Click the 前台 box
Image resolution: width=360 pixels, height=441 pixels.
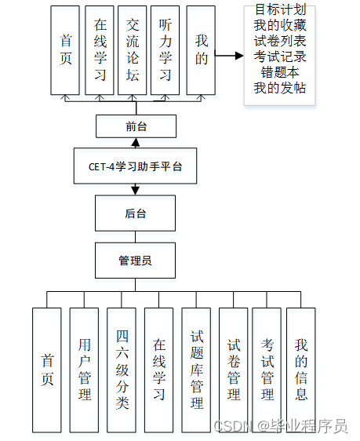pos(136,126)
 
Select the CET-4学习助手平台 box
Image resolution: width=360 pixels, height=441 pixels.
pos(136,166)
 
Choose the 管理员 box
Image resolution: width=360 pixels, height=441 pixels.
pos(136,261)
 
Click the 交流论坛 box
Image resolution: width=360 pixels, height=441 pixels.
pos(133,51)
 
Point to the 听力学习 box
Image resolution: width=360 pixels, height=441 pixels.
pos(165,51)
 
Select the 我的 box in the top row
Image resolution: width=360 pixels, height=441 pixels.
pos(201,51)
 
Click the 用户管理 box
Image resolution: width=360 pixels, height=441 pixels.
pos(84,369)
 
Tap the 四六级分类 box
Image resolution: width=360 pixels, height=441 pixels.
pos(122,369)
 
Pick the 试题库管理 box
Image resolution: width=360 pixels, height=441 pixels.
pos(197,369)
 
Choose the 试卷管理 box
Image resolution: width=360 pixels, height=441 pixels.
pos(234,369)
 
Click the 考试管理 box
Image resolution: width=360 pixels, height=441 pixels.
pos(267,369)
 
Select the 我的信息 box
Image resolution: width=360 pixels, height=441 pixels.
pos(300,369)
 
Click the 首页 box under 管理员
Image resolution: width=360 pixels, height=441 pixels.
pos(46,369)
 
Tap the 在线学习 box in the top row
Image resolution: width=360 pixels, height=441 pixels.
pos(100,51)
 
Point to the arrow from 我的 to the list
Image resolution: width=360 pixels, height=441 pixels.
pos(228,56)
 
